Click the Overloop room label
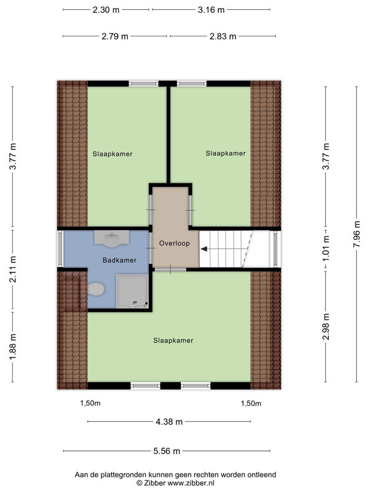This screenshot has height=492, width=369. click(174, 243)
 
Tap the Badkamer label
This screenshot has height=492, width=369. click(119, 260)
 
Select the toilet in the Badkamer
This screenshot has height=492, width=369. click(96, 288)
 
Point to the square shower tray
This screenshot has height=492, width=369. click(132, 291)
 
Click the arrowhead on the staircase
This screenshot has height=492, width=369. click(204, 249)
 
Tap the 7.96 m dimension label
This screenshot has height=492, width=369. click(357, 234)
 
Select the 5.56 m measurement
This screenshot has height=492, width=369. click(167, 451)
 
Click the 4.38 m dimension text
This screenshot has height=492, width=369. click(169, 422)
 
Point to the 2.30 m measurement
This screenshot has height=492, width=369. click(106, 10)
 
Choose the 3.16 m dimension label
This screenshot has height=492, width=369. click(211, 10)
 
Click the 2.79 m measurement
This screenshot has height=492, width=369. click(115, 37)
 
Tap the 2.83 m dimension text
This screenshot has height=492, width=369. click(223, 37)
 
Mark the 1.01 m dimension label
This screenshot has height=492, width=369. click(326, 249)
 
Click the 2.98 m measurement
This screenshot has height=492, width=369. click(326, 327)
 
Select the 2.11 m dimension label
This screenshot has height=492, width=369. click(12, 269)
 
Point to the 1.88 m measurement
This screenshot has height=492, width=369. click(12, 347)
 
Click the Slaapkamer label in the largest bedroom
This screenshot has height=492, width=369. click(173, 341)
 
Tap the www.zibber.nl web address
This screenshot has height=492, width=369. click(191, 483)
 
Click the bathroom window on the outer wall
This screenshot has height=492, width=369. click(60, 248)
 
